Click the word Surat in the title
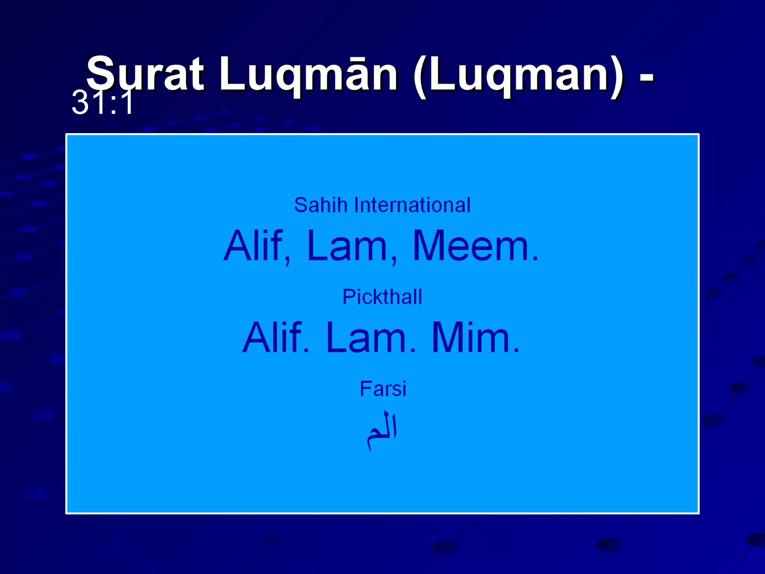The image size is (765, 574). click(x=146, y=74)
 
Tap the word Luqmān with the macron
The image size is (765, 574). click(x=309, y=74)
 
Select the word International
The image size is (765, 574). click(x=412, y=205)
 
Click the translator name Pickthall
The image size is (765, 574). click(x=382, y=297)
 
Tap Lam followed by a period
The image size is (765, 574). click(x=370, y=338)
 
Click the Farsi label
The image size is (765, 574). click(x=383, y=389)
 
